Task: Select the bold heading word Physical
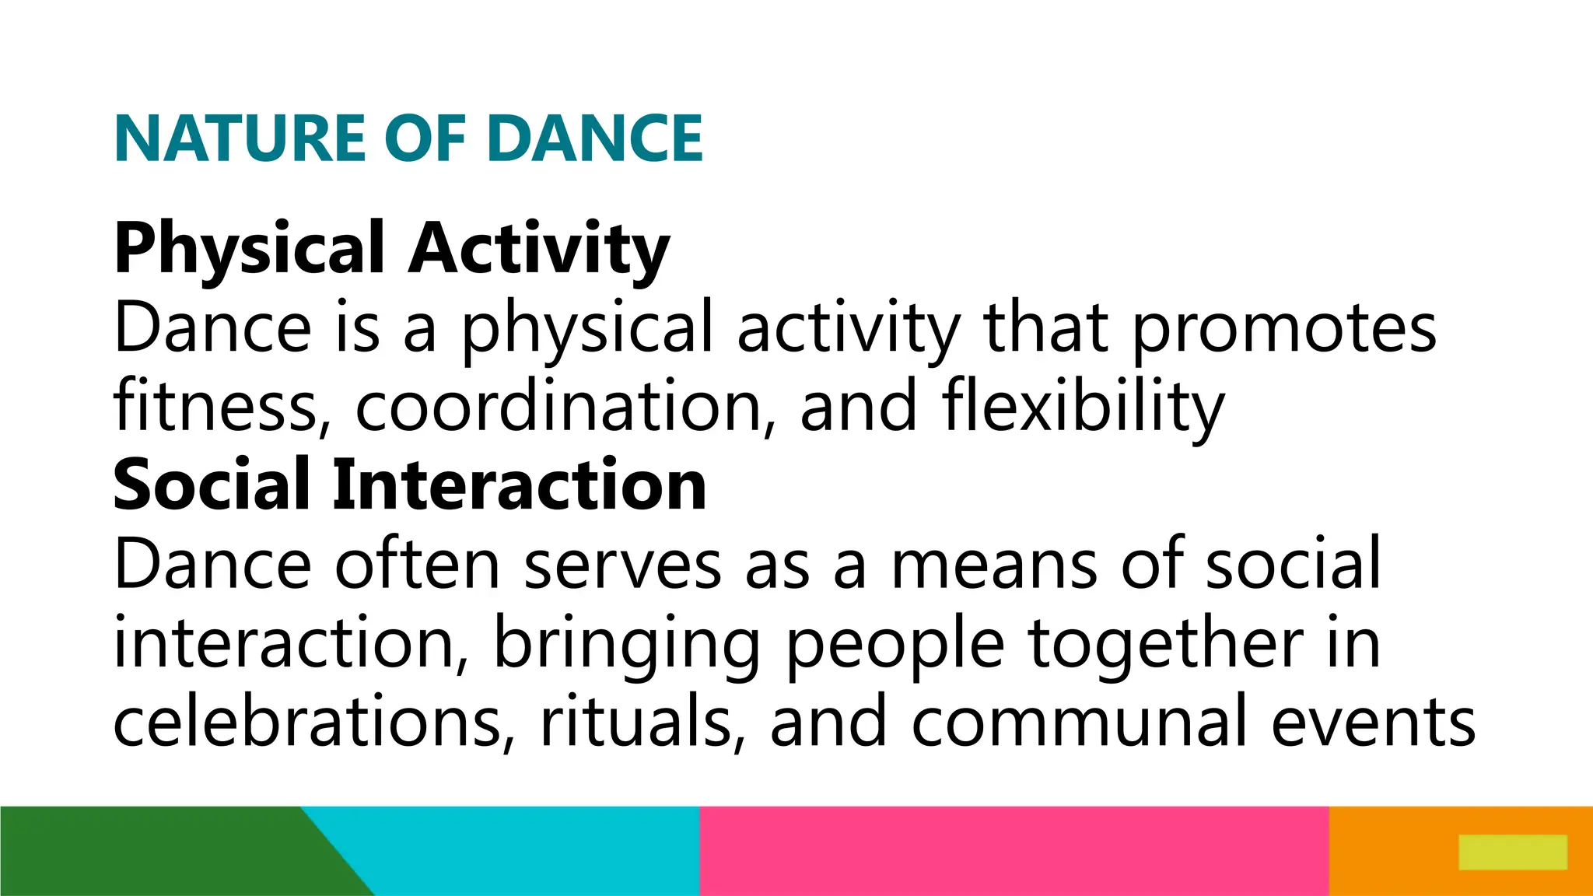coord(249,249)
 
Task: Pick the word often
coord(417,565)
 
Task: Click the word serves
coord(623,565)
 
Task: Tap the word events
coord(1374,722)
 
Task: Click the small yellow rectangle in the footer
coord(1512,852)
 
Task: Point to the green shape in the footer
coord(156,851)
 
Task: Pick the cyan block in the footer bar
coord(529,851)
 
